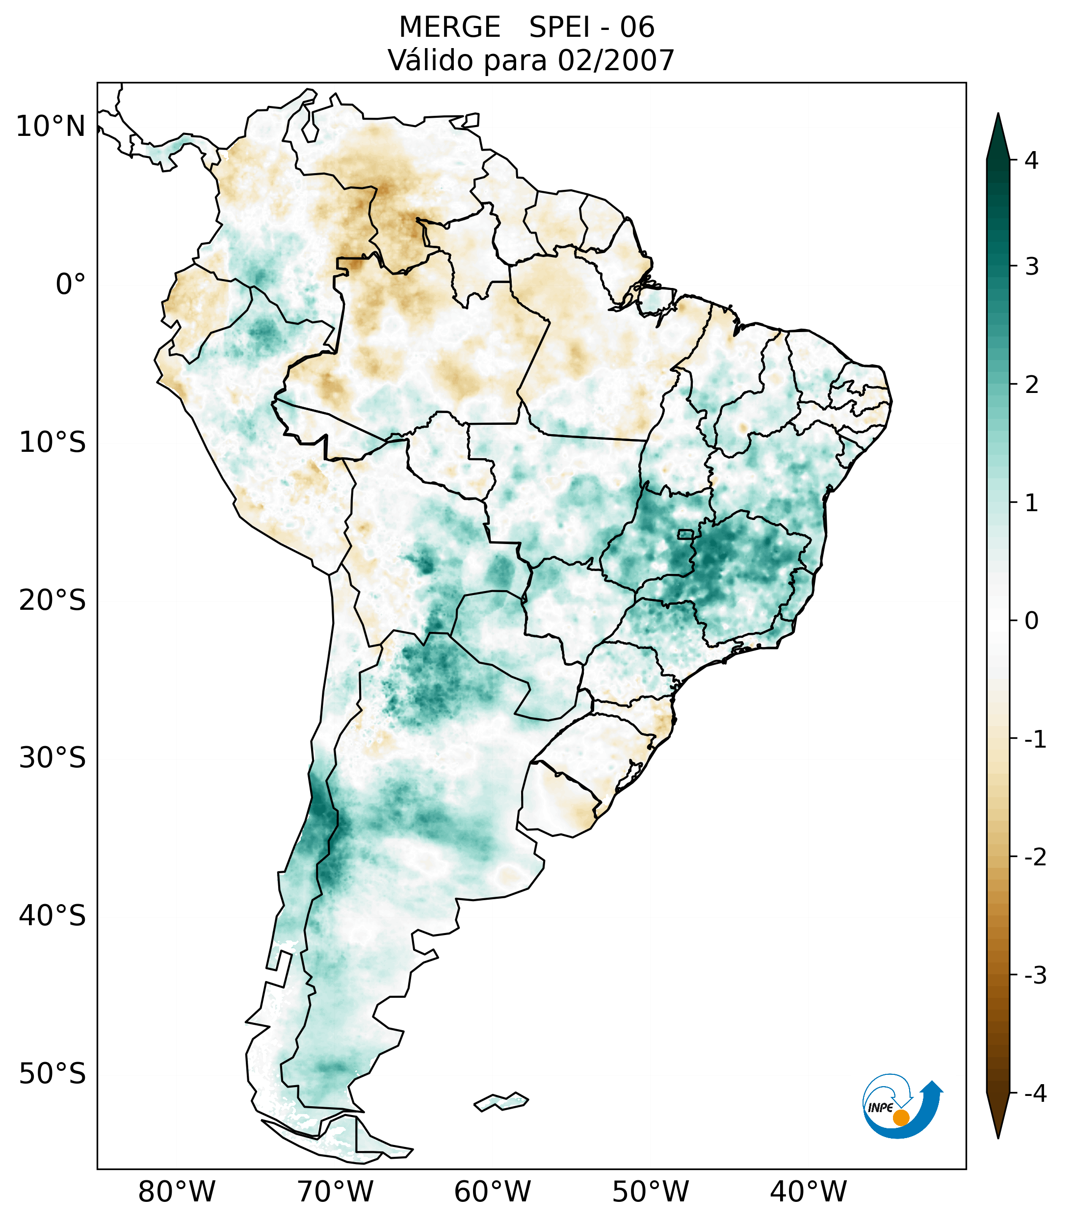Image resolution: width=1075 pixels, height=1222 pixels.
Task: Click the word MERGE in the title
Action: point(449,27)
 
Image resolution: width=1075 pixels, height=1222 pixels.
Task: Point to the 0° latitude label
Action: point(71,285)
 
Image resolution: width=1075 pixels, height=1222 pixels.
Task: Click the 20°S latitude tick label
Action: point(52,600)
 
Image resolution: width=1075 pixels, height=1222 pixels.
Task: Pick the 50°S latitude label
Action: point(52,1074)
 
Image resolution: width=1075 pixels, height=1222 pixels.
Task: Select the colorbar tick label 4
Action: point(1031,160)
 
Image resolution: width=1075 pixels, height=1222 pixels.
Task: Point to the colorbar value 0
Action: point(1031,621)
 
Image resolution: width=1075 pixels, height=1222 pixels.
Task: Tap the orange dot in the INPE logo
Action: point(900,1118)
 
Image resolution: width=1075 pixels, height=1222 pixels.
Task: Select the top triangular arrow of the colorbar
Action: point(997,136)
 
